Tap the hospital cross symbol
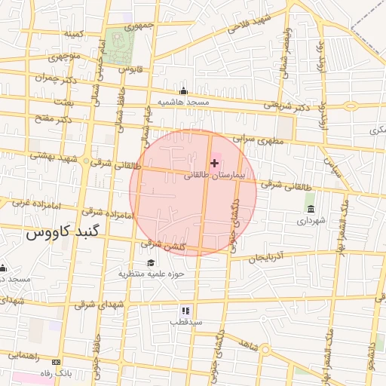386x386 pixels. pyautogui.click(x=215, y=163)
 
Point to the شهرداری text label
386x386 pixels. pyautogui.click(x=311, y=221)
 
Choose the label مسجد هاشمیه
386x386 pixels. pyautogui.click(x=182, y=101)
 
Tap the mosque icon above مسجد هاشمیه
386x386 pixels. pyautogui.click(x=183, y=91)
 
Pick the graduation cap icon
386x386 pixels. pyautogui.click(x=151, y=262)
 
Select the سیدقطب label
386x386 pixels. pyautogui.click(x=185, y=322)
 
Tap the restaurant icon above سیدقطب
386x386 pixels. pyautogui.click(x=185, y=311)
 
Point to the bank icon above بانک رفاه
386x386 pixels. pyautogui.click(x=63, y=363)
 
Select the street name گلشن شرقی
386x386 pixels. pyautogui.click(x=161, y=245)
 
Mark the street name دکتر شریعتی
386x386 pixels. pyautogui.click(x=286, y=106)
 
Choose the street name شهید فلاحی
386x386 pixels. pyautogui.click(x=251, y=29)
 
